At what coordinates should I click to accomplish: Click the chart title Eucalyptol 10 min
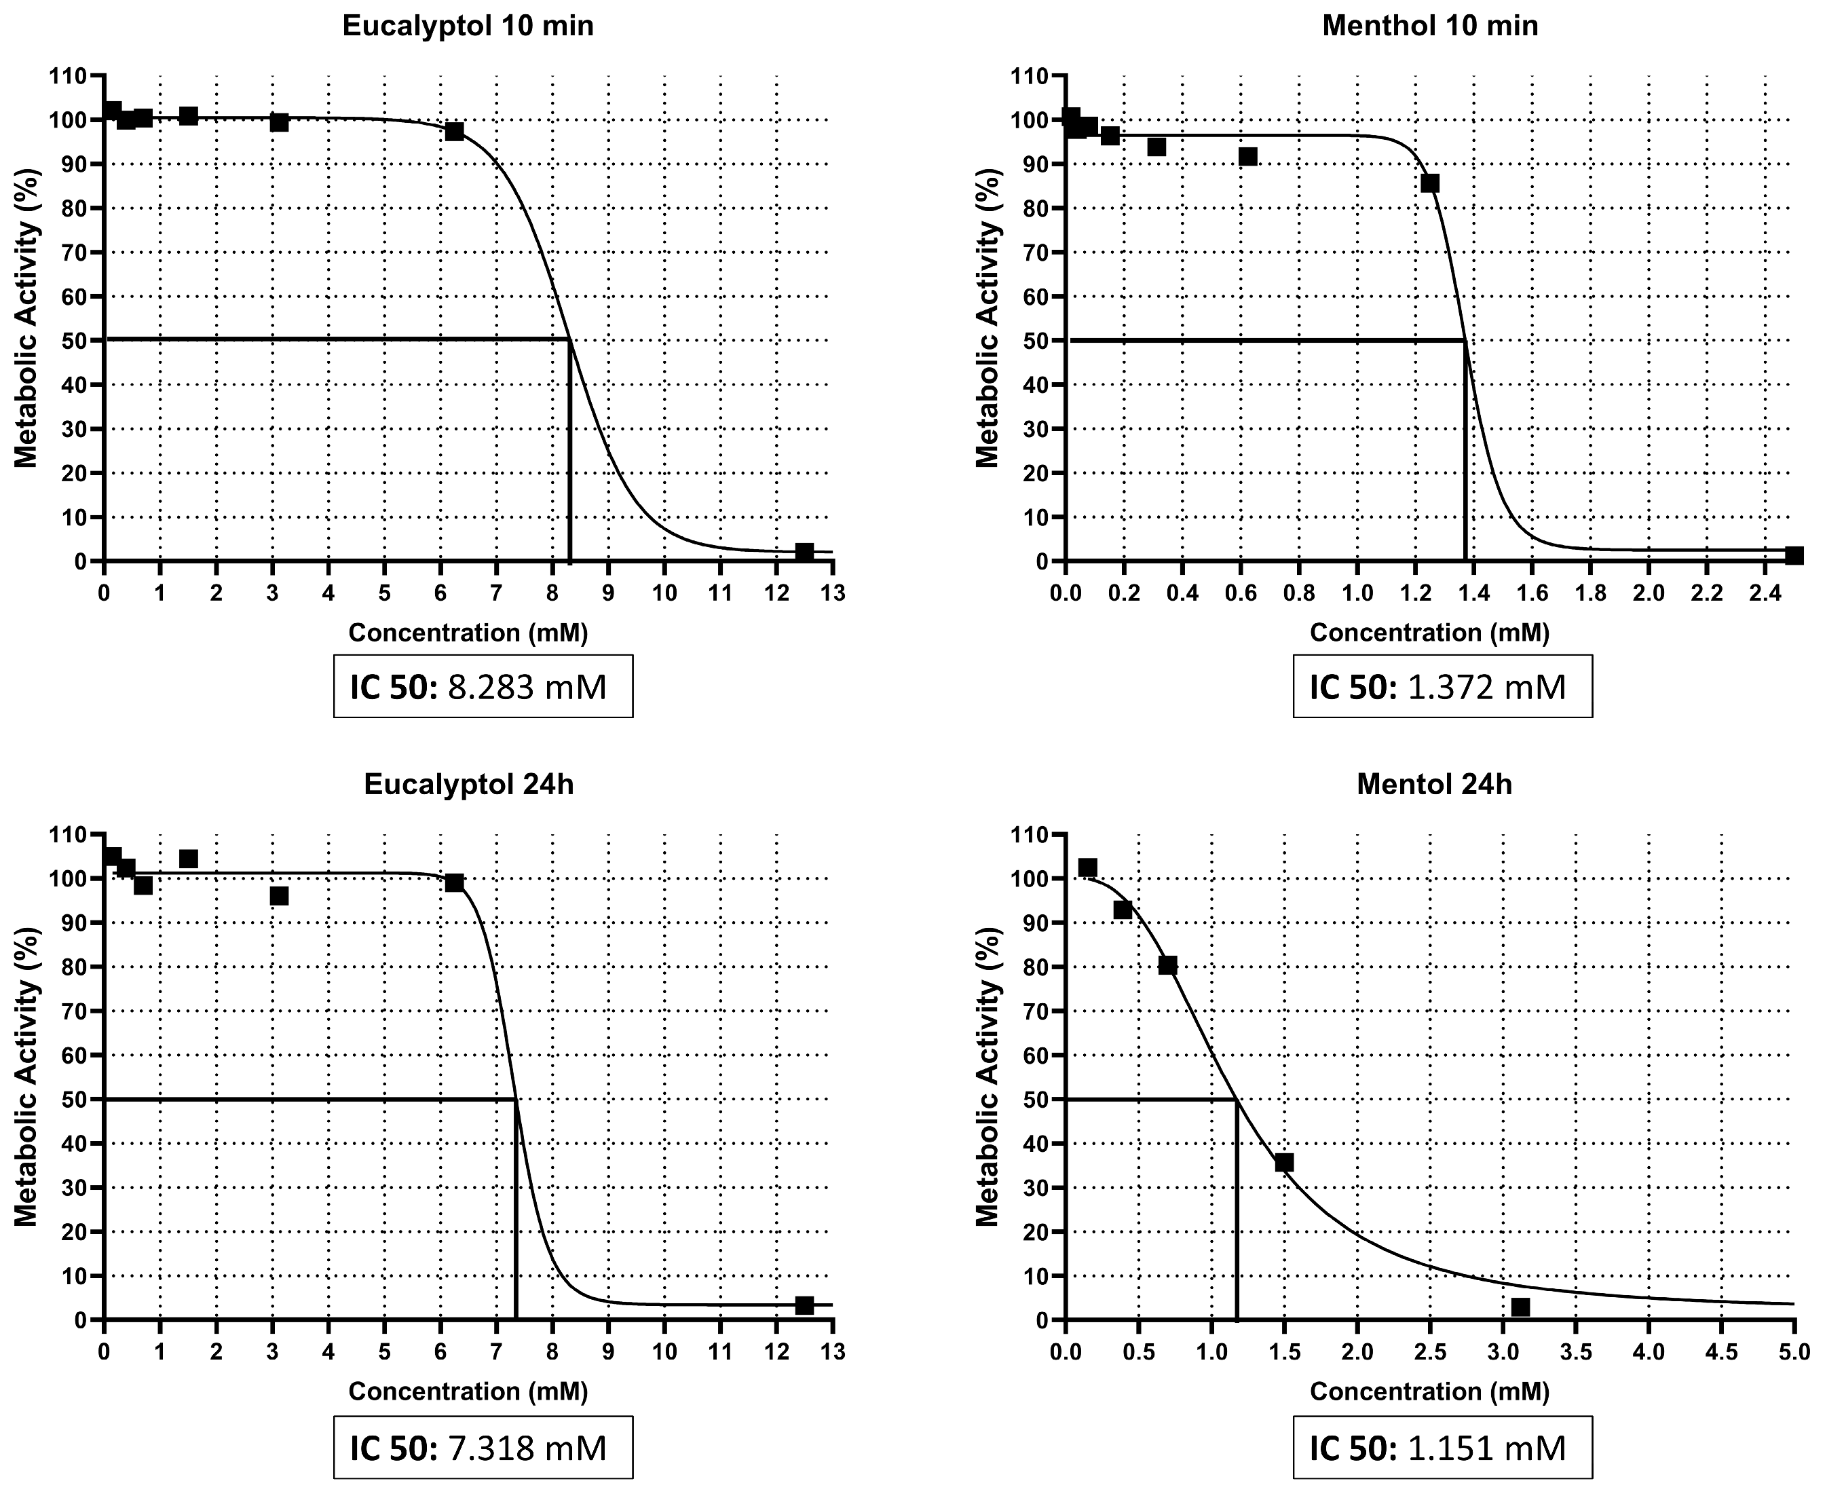(468, 26)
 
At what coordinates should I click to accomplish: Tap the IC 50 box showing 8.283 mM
(483, 687)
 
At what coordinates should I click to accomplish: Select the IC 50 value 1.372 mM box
(1442, 687)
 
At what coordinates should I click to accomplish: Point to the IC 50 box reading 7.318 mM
(483, 1448)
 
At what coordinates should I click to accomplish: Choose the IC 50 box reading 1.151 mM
(1442, 1448)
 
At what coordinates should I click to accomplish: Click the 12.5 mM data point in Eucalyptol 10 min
(804, 553)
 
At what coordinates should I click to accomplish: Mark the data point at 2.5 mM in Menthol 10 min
(1794, 555)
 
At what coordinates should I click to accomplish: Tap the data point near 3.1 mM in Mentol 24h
(1520, 1307)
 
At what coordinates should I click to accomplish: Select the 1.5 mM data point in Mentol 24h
(1284, 1163)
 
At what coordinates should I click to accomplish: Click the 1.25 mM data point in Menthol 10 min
(1429, 183)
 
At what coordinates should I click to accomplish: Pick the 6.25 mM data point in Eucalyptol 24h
(454, 882)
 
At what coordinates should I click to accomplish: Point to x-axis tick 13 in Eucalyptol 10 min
(832, 593)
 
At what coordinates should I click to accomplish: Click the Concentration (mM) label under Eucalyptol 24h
(468, 1391)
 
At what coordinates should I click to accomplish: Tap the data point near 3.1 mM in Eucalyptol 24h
(278, 896)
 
